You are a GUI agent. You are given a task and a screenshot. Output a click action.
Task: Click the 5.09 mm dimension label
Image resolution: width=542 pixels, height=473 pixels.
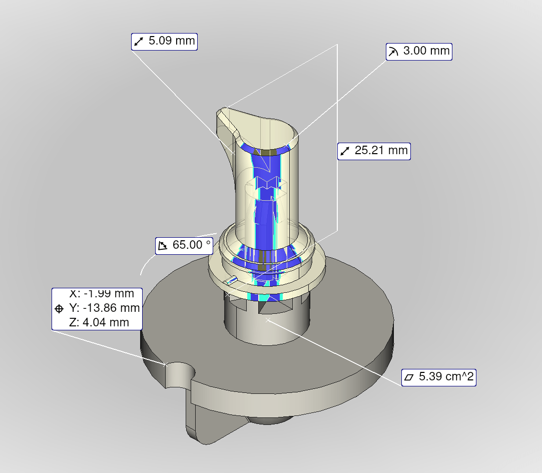pyautogui.click(x=171, y=41)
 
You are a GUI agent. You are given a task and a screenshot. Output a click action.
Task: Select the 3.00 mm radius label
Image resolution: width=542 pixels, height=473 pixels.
pyautogui.click(x=426, y=52)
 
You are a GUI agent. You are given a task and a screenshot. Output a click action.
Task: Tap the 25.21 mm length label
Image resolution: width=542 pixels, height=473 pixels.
pyautogui.click(x=381, y=150)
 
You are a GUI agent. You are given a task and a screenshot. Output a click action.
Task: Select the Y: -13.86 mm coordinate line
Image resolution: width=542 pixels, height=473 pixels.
pyautogui.click(x=104, y=308)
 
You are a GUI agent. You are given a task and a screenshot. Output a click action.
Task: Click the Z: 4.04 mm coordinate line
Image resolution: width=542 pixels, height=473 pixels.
pyautogui.click(x=99, y=322)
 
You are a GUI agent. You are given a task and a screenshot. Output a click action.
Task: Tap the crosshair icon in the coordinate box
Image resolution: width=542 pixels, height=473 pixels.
pyautogui.click(x=59, y=308)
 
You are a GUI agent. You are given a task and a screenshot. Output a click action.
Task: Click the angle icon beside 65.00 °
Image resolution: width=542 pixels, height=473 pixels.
pyautogui.click(x=163, y=245)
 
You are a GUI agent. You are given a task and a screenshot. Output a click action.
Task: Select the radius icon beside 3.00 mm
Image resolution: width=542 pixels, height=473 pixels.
pyautogui.click(x=393, y=52)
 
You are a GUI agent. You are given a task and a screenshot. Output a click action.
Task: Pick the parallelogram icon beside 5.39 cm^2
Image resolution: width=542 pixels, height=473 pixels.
pyautogui.click(x=409, y=377)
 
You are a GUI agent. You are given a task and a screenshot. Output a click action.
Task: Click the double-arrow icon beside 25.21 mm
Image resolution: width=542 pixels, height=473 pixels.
pyautogui.click(x=345, y=151)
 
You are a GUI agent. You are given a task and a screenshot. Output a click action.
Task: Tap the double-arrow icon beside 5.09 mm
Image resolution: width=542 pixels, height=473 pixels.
pyautogui.click(x=139, y=42)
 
